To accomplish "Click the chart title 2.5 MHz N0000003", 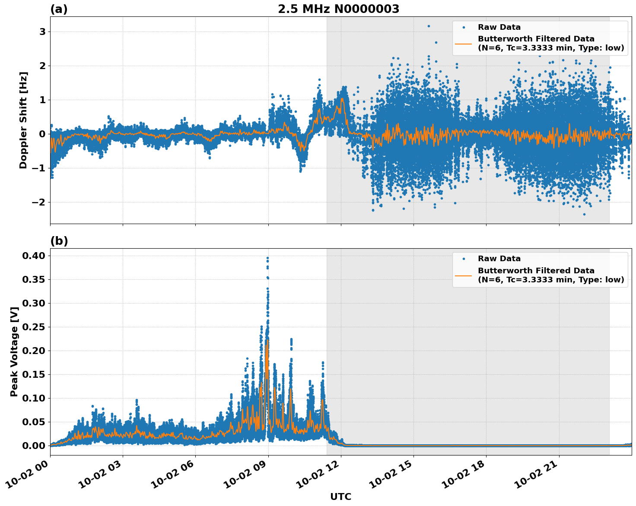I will [x=338, y=9].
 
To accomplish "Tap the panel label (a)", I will [x=59, y=9].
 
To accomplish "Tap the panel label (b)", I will [x=59, y=241].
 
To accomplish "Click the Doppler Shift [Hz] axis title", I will [x=23, y=120].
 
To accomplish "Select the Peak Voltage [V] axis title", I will [x=14, y=351].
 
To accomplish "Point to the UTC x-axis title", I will [x=340, y=497].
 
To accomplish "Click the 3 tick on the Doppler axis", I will [x=42, y=32].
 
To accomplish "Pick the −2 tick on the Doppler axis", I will [x=39, y=202].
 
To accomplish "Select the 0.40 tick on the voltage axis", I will [x=34, y=256].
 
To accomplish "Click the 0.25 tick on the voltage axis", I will [x=34, y=327].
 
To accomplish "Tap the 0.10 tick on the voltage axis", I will [x=34, y=398].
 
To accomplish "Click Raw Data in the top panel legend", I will [x=499, y=27].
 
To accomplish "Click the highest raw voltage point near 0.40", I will [x=267, y=258].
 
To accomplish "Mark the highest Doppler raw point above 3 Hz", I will [x=429, y=26].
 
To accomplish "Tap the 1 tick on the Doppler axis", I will [x=42, y=100].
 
